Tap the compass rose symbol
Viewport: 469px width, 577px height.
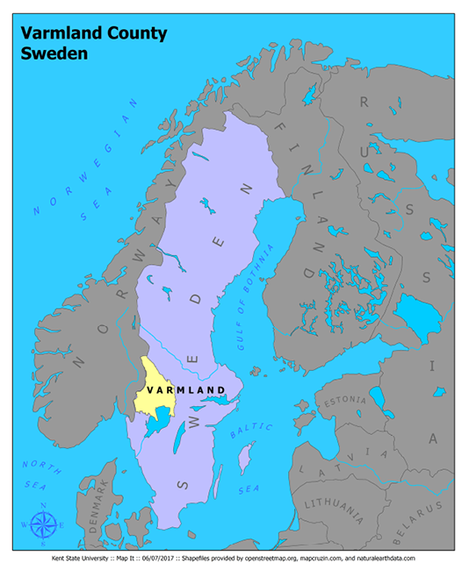coord(44,524)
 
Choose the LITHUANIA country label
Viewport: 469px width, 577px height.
coord(334,506)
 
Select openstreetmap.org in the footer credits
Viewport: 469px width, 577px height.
coord(285,559)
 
